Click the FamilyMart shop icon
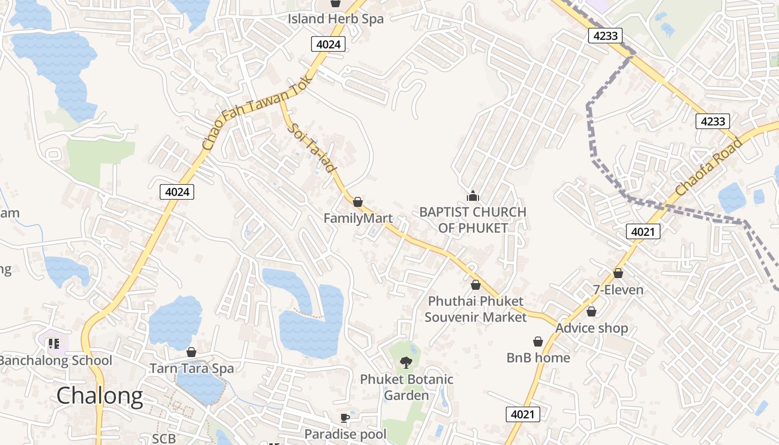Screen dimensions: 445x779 click(x=358, y=201)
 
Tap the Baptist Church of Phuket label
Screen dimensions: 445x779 click(x=472, y=220)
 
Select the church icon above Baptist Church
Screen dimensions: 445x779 click(x=472, y=196)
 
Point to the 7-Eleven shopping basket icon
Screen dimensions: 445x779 click(x=618, y=273)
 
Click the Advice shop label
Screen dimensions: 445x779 click(x=591, y=328)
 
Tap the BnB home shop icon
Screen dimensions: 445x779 click(x=538, y=341)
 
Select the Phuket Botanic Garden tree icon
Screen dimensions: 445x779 click(x=406, y=363)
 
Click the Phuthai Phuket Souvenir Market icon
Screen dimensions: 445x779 click(x=476, y=285)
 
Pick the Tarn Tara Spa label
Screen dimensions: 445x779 click(x=191, y=368)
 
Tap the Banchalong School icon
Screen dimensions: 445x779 click(x=53, y=344)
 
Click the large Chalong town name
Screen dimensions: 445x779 click(x=100, y=395)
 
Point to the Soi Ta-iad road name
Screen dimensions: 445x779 click(x=313, y=148)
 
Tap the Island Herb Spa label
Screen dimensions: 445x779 click(x=336, y=18)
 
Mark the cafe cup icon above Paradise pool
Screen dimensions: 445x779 click(x=344, y=417)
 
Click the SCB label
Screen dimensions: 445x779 click(x=164, y=438)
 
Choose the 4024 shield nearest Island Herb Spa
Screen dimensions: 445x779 click(x=328, y=44)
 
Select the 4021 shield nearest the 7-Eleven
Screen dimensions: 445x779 click(x=643, y=231)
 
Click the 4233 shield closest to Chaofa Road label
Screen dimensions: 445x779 click(x=713, y=121)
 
